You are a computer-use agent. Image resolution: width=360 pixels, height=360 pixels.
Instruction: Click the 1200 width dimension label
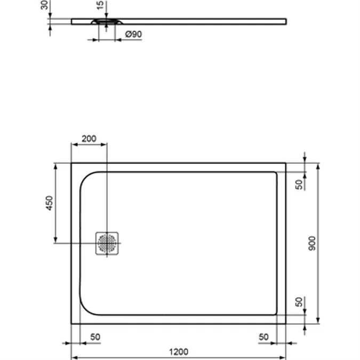tap(178, 351)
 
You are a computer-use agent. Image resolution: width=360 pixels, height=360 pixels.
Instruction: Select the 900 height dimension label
tap(312, 243)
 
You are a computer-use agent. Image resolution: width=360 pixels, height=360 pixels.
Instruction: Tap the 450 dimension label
tap(50, 203)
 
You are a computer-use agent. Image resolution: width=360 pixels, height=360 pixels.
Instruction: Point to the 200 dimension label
tap(89, 139)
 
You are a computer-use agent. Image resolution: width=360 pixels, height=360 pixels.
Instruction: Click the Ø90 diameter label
tap(133, 34)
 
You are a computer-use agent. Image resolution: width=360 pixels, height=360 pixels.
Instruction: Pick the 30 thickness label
tap(44, 5)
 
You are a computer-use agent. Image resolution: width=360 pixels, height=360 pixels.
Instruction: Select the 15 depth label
tap(101, 5)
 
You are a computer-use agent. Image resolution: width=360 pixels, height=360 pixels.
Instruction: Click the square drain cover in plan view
tap(107, 243)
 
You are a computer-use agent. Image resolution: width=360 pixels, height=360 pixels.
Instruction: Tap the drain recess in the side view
tap(107, 22)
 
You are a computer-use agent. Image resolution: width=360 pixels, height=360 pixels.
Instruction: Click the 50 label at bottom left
tap(95, 337)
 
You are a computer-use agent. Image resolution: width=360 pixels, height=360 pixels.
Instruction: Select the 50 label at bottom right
tap(263, 337)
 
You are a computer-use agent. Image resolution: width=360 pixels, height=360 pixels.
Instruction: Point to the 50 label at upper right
tap(299, 185)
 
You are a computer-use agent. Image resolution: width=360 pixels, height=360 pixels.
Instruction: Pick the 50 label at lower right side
tap(299, 302)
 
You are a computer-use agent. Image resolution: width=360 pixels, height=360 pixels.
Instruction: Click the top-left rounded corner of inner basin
tap(85, 177)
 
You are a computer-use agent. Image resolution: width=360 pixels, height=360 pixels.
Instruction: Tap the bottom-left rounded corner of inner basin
tap(85, 309)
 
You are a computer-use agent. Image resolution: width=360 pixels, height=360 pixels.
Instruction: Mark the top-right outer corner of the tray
tap(286, 163)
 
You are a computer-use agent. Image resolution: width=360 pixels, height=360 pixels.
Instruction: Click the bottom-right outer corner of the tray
tap(286, 324)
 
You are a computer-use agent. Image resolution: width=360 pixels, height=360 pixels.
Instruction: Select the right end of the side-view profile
tap(286, 21)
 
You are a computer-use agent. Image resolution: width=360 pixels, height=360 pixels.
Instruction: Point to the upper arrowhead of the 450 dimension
tap(55, 166)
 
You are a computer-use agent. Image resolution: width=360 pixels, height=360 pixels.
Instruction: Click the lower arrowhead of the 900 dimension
tap(318, 321)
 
